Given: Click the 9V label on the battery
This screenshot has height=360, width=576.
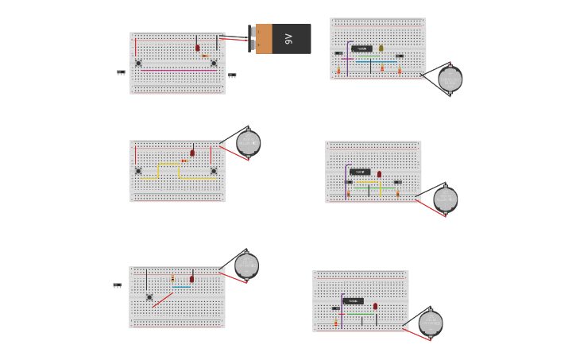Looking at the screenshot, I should tap(289, 39).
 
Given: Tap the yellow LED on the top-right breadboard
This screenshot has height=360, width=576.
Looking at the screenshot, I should tap(381, 48).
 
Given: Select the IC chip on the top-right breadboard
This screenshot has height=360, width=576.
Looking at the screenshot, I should tap(361, 48).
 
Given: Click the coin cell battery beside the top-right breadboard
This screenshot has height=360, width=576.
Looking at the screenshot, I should tap(450, 79).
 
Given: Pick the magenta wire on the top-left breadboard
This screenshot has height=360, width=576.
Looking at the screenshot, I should tap(179, 70).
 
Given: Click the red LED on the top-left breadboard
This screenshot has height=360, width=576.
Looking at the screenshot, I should tap(198, 48).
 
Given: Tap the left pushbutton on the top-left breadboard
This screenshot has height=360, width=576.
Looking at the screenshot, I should tap(138, 63).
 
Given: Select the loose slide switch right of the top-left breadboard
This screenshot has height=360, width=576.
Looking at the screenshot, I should tap(232, 75).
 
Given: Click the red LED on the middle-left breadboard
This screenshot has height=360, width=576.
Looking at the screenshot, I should tap(192, 153).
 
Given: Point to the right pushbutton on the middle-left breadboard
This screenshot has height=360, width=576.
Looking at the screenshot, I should tap(214, 171).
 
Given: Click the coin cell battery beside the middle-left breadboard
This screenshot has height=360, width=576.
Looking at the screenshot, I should tap(248, 143).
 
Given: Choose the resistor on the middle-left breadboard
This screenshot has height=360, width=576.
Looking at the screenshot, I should tap(184, 161).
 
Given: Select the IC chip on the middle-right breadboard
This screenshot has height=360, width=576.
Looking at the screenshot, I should tap(360, 172).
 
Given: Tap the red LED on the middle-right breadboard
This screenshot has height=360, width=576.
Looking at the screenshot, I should tap(379, 174).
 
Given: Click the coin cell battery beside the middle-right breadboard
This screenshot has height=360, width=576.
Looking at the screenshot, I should tap(445, 199).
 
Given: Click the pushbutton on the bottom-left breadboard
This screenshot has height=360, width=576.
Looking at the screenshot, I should tap(149, 297).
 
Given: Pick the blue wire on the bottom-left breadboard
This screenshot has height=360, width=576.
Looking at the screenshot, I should tap(182, 287).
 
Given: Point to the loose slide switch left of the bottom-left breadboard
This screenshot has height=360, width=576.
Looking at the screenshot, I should tap(117, 285).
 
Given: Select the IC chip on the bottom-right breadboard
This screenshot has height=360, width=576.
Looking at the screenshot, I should tap(354, 301).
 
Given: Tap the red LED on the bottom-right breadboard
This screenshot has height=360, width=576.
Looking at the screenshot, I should tap(375, 306).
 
